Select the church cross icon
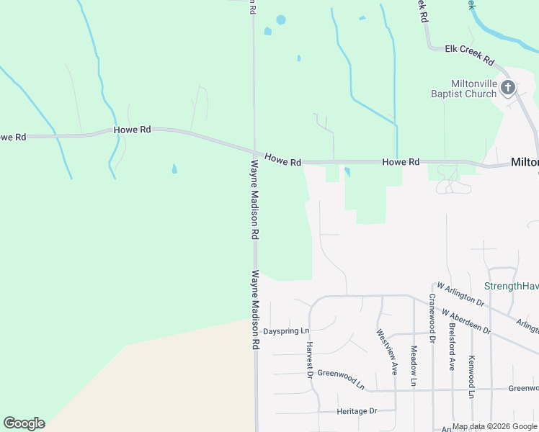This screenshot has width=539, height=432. tap(508, 89)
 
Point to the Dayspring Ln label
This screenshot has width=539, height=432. tap(285, 331)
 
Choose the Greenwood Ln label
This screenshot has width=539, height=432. tap(341, 379)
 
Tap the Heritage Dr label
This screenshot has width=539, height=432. tap(357, 411)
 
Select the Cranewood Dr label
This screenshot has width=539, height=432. tap(432, 318)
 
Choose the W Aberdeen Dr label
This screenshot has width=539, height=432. tap(466, 323)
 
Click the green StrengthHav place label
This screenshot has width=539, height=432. tap(511, 286)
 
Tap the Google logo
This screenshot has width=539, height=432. tap(24, 423)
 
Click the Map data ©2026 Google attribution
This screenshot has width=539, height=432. tap(494, 426)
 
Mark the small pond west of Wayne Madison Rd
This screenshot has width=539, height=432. tap(174, 169)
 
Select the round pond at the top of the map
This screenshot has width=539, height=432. tap(280, 19)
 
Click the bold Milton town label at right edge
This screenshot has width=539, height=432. tap(525, 162)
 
